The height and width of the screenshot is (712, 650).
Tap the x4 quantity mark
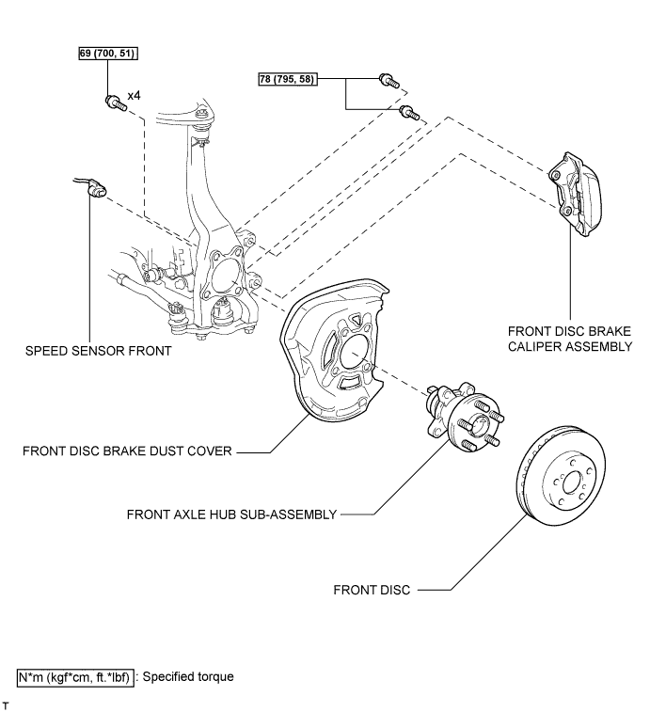tap(134, 95)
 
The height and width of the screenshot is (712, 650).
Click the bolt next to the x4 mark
tap(116, 103)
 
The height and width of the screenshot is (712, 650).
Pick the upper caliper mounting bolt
tap(389, 81)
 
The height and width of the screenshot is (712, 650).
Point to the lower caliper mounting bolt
tap(409, 112)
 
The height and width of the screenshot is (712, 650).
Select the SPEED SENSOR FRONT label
tap(99, 351)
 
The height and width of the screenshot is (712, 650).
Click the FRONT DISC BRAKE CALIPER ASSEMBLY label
tap(570, 339)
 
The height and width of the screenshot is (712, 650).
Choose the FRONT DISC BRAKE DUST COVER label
tap(127, 451)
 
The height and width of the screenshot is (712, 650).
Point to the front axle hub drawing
tap(465, 417)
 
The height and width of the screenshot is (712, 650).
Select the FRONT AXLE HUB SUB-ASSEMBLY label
tap(231, 514)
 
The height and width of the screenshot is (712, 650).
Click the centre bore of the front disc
tap(571, 484)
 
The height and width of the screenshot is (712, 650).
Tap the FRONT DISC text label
tap(372, 590)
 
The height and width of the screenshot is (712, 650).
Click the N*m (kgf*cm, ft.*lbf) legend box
tap(75, 677)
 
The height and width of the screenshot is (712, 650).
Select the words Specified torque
tap(188, 676)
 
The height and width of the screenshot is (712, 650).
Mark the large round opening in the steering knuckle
tap(226, 275)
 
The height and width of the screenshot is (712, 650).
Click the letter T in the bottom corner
tap(6, 705)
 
